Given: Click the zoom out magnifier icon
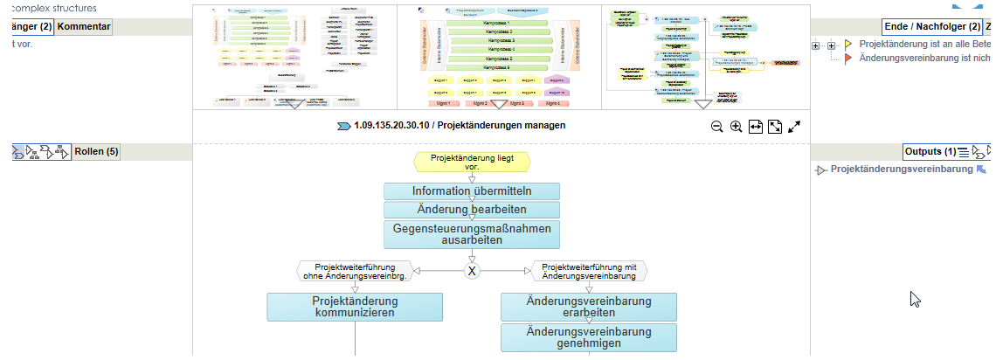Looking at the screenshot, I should click(x=716, y=127).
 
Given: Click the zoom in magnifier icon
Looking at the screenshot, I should click(x=736, y=127).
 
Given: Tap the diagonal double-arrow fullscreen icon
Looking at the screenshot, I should click(x=794, y=127).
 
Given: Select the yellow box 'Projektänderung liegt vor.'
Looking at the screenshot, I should click(x=472, y=162).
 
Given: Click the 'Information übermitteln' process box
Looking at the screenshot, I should click(x=472, y=191).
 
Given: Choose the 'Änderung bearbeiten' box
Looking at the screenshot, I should click(x=472, y=210).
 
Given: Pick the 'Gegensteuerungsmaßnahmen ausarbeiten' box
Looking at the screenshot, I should click(x=472, y=234).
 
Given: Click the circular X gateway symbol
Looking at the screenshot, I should click(x=472, y=271).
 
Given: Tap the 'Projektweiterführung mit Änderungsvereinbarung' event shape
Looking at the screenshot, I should click(x=589, y=271).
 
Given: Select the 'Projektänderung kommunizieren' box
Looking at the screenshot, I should click(x=355, y=307).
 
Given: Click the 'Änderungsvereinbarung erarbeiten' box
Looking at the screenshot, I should click(x=589, y=307).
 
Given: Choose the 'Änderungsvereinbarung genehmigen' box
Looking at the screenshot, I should click(x=589, y=337).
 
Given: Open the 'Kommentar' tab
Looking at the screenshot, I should click(x=84, y=26).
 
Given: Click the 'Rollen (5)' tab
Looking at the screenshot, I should click(x=95, y=151).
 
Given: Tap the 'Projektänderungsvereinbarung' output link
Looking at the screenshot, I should click(x=901, y=170).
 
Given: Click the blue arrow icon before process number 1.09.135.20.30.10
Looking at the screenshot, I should click(x=344, y=126).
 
